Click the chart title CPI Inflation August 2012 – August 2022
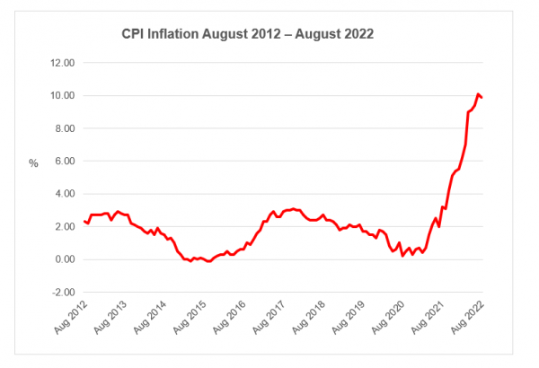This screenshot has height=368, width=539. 247,34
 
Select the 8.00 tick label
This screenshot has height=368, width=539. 63,128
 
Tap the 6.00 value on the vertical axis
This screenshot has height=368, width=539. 63,161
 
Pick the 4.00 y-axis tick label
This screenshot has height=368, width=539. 63,194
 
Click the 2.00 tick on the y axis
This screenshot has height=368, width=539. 63,226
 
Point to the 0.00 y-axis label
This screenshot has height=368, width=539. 63,259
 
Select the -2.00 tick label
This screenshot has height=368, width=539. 61,292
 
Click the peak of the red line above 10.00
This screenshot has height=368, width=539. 478,93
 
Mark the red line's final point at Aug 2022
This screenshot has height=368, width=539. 483,97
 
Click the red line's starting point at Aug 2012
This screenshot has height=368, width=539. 84,221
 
